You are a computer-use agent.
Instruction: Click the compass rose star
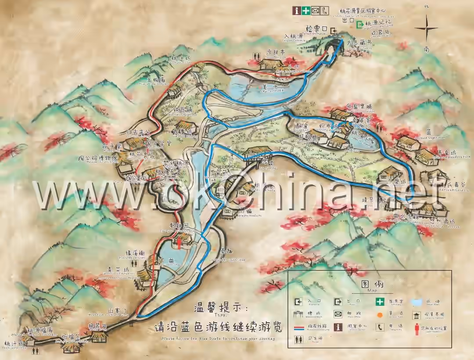426,29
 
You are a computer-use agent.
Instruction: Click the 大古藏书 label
359,43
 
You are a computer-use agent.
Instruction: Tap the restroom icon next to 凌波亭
257,56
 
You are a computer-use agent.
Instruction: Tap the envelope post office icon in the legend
338,314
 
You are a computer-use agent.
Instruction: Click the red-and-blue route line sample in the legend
299,328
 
